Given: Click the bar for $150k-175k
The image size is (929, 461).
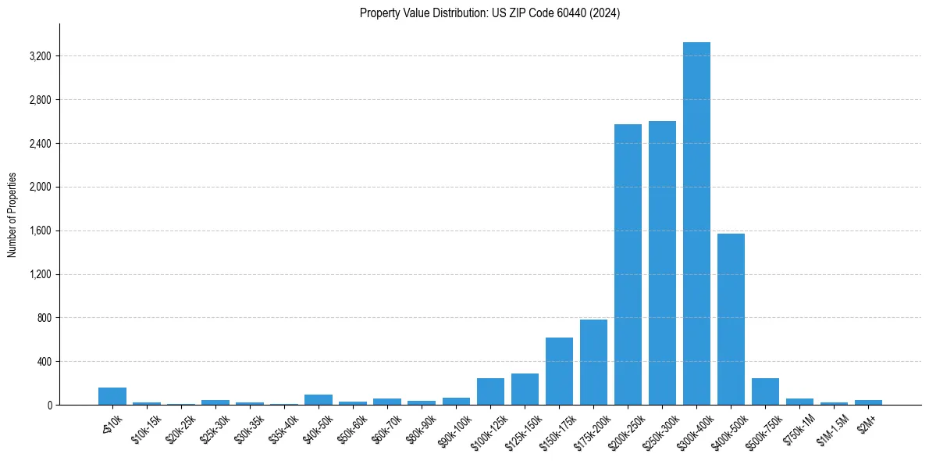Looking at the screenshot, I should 559,371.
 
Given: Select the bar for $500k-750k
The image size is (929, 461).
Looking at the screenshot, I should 765,391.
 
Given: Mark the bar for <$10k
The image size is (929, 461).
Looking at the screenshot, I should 112,396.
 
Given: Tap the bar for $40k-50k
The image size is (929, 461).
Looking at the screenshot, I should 319,399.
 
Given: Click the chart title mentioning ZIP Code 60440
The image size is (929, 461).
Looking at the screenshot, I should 489,13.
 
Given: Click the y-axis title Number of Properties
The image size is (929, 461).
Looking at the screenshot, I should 12,214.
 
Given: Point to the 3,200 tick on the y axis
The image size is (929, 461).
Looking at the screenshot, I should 39,56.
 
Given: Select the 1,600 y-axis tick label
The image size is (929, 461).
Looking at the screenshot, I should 39,230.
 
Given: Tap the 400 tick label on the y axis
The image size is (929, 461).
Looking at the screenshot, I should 43,362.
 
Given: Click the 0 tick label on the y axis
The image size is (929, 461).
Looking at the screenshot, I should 48,406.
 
